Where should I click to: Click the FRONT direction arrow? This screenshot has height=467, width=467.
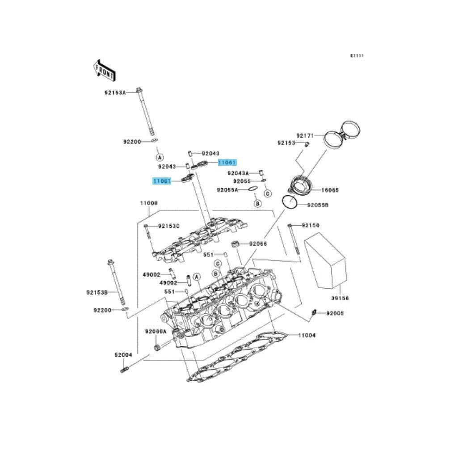point(104,68)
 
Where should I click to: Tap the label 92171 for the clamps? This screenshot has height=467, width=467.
point(306,135)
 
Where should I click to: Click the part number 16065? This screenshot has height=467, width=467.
point(330,190)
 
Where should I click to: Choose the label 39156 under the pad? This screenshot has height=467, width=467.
point(340,298)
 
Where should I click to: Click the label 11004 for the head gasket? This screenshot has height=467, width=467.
point(307,335)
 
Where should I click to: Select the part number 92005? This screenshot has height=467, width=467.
point(335,313)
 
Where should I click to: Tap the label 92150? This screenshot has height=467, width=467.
point(311,226)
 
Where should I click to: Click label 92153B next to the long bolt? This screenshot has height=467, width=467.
point(97,292)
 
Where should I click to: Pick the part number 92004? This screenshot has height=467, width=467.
point(123,355)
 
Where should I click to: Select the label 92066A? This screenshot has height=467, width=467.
point(155,332)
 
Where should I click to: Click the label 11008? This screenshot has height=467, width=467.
point(148,203)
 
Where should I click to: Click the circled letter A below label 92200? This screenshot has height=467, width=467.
point(159,157)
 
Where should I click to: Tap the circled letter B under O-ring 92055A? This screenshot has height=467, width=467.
point(257,204)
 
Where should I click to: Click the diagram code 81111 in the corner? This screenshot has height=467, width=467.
point(357,56)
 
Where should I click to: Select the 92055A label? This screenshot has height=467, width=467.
point(228,190)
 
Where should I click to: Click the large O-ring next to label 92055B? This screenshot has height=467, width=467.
point(290,202)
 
